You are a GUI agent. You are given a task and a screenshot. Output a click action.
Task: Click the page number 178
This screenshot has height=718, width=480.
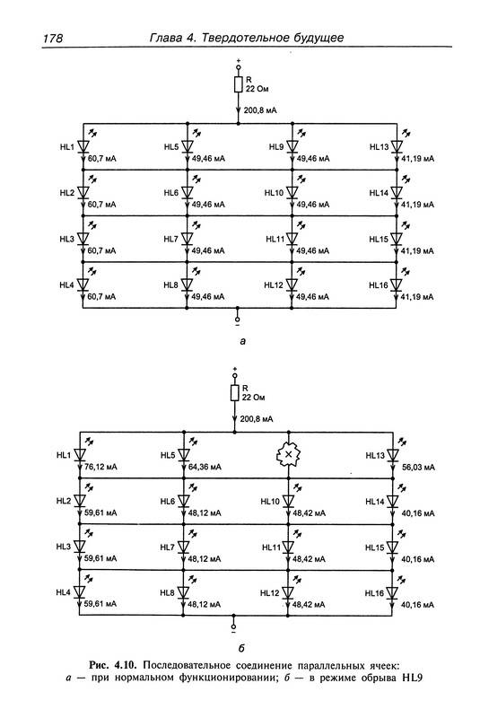(x=53, y=38)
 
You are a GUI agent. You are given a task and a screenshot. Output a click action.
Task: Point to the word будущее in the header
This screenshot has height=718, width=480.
(x=321, y=38)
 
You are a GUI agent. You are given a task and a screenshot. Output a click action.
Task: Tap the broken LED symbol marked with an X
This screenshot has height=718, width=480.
(x=288, y=454)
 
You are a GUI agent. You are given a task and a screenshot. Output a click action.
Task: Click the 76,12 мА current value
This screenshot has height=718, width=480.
(x=100, y=467)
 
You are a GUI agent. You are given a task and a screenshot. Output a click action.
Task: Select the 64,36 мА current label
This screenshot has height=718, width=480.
(x=205, y=467)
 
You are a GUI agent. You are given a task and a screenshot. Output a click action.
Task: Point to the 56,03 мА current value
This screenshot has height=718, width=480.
(x=418, y=467)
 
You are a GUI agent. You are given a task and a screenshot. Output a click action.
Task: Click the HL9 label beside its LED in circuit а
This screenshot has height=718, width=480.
(x=276, y=147)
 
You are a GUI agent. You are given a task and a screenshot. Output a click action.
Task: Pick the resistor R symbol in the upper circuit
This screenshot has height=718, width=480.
(x=238, y=84)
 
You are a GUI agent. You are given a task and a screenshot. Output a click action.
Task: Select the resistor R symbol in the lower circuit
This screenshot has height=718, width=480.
(x=235, y=393)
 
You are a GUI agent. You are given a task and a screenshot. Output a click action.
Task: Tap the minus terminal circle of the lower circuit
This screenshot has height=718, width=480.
(x=233, y=626)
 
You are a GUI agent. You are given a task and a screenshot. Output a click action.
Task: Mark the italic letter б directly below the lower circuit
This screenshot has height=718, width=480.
(x=241, y=647)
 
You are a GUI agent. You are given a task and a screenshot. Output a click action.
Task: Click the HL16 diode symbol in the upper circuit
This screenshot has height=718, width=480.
(x=397, y=285)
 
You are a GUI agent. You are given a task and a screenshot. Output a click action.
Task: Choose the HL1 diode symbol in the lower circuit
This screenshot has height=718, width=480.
(x=80, y=455)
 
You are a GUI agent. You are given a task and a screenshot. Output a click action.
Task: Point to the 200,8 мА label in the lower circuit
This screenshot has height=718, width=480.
(x=257, y=419)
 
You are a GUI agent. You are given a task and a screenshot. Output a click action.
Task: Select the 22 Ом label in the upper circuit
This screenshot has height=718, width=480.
(x=257, y=89)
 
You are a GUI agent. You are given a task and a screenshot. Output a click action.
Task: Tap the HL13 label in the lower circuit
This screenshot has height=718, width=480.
(x=375, y=456)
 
